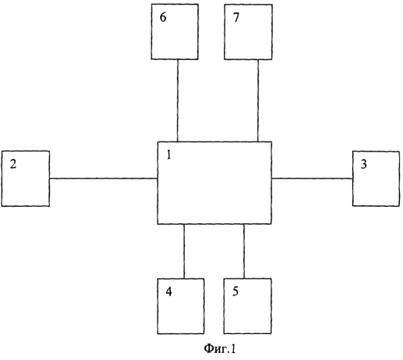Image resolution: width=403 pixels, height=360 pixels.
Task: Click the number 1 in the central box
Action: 168,155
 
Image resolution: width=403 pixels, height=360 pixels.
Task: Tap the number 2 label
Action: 13,164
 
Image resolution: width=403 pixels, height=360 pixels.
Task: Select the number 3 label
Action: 364,164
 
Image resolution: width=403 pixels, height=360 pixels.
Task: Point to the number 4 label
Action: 169,292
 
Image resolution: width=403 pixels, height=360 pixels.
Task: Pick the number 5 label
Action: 235,291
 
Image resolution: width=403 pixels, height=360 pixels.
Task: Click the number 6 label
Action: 163,17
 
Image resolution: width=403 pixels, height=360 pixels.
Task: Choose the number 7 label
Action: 236,17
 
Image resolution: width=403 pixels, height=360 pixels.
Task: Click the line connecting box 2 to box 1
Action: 103,178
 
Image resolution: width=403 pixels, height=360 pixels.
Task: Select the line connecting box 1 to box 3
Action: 312,178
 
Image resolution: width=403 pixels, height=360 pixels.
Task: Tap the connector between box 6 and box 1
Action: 178,101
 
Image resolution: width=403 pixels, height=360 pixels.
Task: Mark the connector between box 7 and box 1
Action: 258,101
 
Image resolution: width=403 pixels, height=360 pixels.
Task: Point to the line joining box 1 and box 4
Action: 184,252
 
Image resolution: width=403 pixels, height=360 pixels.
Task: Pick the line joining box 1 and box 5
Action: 244,252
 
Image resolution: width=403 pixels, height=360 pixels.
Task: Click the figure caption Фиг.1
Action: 220,349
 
